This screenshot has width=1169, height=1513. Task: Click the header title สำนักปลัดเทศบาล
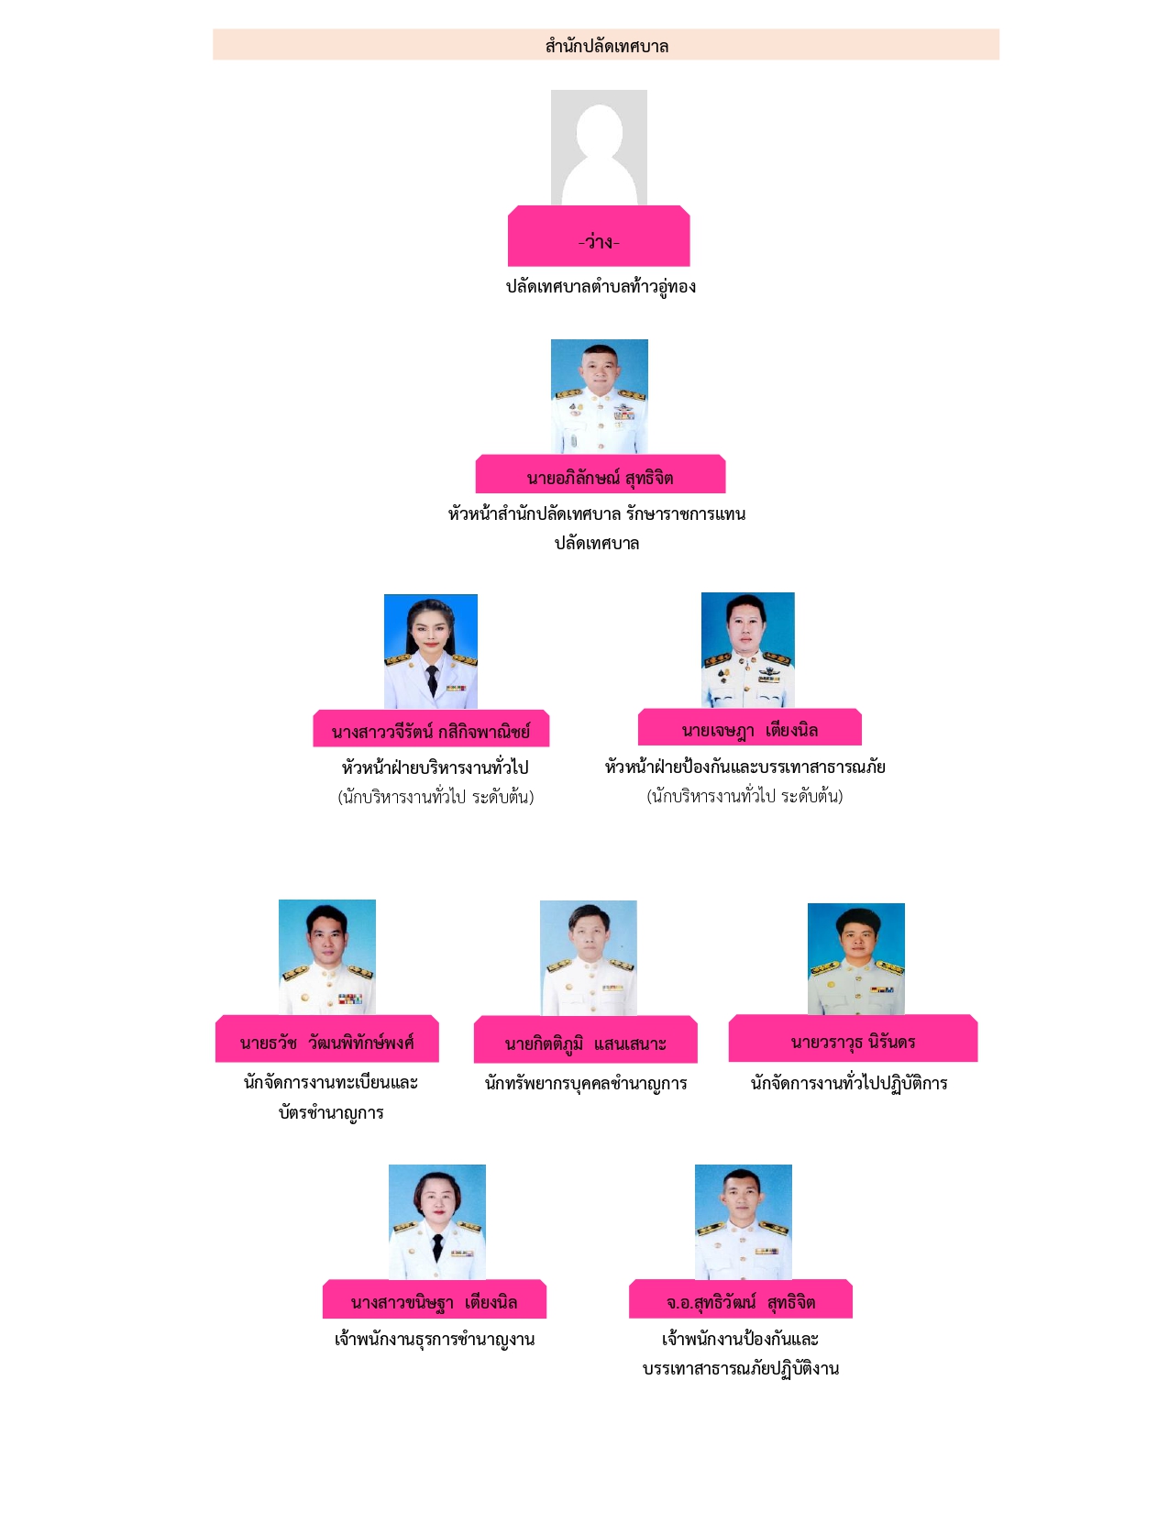606,46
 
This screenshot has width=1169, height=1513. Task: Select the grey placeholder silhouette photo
599,148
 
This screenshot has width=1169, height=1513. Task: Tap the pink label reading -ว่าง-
599,241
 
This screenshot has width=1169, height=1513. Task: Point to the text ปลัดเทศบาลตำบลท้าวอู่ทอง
601,286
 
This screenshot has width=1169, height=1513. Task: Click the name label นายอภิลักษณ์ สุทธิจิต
600,477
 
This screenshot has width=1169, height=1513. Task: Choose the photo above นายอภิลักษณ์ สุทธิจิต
600,396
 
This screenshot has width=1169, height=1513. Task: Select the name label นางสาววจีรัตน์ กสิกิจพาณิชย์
431,731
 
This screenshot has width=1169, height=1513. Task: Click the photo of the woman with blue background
431,651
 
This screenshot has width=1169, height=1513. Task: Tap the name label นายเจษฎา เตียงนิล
749,730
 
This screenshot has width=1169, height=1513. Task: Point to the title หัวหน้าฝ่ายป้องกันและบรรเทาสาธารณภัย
744,767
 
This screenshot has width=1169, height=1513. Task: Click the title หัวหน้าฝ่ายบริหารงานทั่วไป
435,768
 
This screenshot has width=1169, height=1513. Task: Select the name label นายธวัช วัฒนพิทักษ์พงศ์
327,1042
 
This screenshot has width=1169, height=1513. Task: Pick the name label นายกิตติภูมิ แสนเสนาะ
585,1043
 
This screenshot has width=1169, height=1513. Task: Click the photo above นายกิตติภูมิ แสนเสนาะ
589,957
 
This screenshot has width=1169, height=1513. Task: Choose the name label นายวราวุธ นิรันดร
853,1041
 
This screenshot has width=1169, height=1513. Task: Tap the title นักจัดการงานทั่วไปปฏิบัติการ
849,1083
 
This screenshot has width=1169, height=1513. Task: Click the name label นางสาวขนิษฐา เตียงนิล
434,1301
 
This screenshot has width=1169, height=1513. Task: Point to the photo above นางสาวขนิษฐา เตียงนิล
437,1221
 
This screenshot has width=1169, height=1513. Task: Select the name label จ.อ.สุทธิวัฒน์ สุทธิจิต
741,1301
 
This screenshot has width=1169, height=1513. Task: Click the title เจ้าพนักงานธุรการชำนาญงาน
435,1339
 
